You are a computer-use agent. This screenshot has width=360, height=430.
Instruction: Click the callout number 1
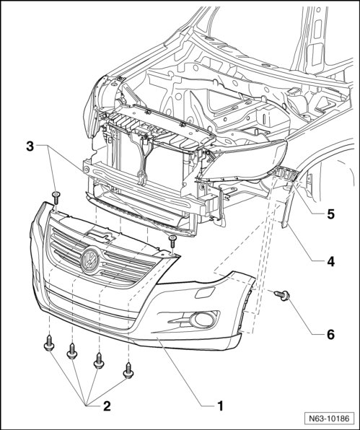(x=220, y=406)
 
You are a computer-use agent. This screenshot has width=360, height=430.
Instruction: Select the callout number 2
(x=107, y=406)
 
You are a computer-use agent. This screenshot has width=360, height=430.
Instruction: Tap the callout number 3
(x=30, y=146)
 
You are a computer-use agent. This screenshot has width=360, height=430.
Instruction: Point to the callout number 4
(x=331, y=262)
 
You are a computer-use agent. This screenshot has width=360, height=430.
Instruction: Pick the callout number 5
(x=331, y=214)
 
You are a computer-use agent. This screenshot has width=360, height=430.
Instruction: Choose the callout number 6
(x=331, y=334)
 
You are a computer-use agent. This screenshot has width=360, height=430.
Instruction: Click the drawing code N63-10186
(x=329, y=418)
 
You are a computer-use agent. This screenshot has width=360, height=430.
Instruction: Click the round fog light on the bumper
(x=203, y=320)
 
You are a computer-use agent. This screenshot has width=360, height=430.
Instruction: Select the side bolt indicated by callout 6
(x=282, y=295)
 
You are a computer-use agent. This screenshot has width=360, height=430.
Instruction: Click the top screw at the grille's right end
(x=172, y=242)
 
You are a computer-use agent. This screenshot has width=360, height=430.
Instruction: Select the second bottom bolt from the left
(x=72, y=351)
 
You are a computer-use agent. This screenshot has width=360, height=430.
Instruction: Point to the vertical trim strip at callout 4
(x=288, y=209)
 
